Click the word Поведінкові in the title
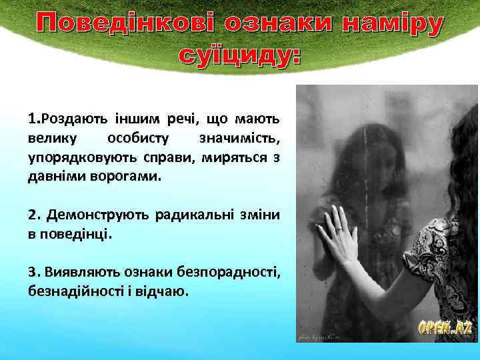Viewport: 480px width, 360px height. tap(127, 25)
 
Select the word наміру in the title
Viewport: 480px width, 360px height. tap(393, 25)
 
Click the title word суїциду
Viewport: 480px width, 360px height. tap(239, 57)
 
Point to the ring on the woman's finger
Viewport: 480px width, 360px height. tap(339, 230)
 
